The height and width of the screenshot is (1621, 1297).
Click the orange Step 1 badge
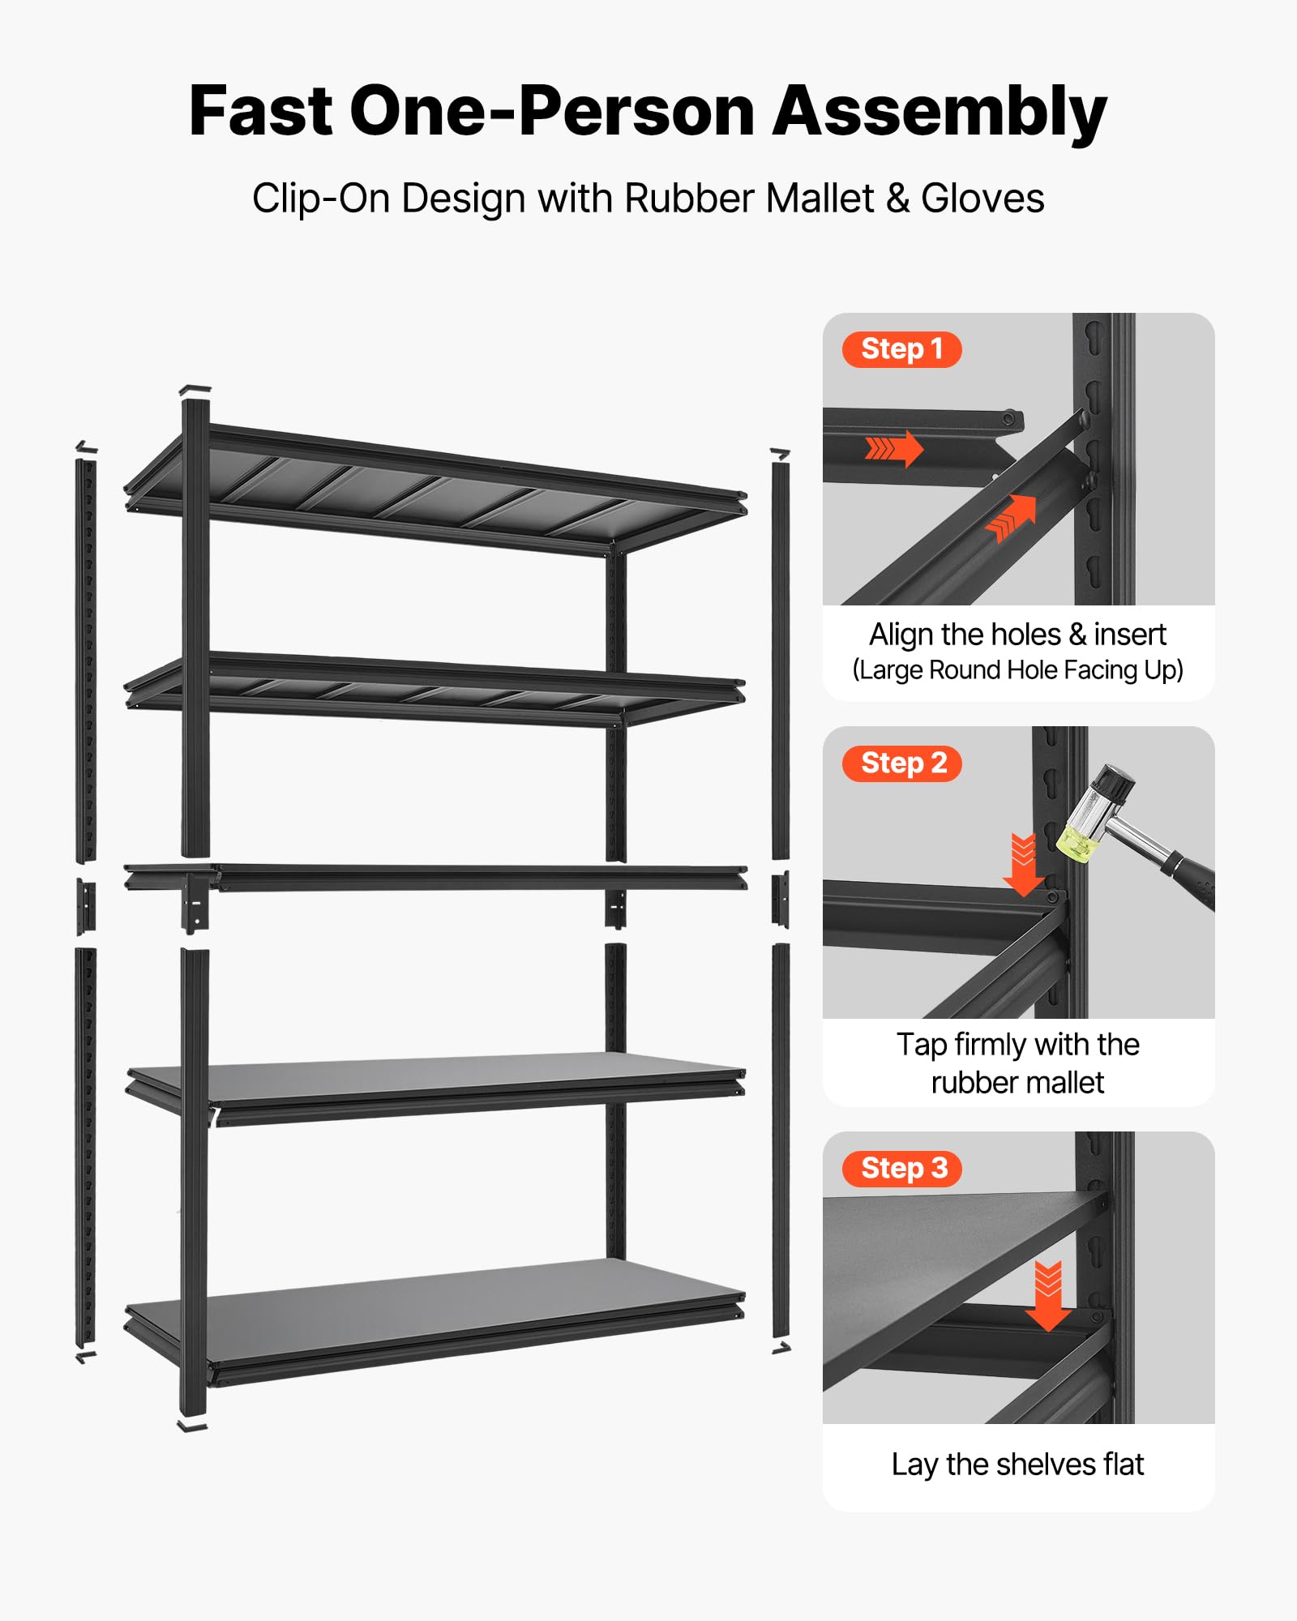[x=901, y=349]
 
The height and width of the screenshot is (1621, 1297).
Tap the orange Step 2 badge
[x=902, y=763]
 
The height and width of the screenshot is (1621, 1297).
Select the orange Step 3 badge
[x=902, y=1169]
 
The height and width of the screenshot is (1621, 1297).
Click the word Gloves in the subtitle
[x=982, y=199]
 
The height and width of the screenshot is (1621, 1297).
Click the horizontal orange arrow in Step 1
[x=894, y=448]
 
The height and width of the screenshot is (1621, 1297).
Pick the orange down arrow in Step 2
[x=1024, y=865]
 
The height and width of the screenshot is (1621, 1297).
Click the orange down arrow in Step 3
[x=1049, y=1296]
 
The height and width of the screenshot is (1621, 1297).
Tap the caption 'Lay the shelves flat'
[x=1018, y=1465]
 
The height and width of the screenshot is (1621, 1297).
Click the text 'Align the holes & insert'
[x=1018, y=635]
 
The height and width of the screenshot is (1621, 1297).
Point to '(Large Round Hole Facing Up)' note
[x=1018, y=670]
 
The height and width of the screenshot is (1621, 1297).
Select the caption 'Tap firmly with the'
[x=1018, y=1045]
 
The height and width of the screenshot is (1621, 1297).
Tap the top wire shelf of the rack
[x=438, y=490]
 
